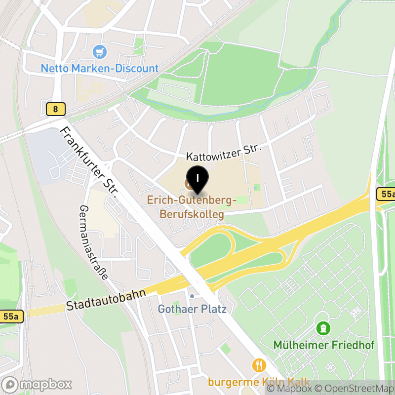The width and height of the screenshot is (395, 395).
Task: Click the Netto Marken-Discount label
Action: pyautogui.click(x=99, y=68)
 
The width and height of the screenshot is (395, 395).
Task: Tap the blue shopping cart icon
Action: pyautogui.click(x=100, y=51)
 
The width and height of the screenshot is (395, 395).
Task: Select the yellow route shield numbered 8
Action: pyautogui.click(x=55, y=109)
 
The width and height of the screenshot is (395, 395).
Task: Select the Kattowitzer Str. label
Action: pyautogui.click(x=223, y=153)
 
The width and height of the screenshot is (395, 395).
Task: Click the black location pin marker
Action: pyautogui.click(x=197, y=180)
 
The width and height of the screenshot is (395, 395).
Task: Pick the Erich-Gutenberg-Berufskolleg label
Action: pyautogui.click(x=192, y=207)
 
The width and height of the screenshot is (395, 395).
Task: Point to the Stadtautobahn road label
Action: pyautogui.click(x=106, y=300)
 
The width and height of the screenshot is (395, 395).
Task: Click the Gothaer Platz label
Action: pyautogui.click(x=192, y=310)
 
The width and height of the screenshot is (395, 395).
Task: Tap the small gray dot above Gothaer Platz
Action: pyautogui.click(x=192, y=296)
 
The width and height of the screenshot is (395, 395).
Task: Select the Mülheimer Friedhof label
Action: pyautogui.click(x=324, y=345)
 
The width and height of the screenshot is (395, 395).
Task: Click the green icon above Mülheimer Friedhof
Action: pyautogui.click(x=323, y=328)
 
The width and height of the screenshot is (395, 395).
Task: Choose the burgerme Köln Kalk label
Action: pyautogui.click(x=259, y=382)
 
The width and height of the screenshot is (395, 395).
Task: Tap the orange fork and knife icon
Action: pyautogui.click(x=259, y=365)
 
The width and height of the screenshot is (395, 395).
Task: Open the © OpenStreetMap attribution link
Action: pyautogui.click(x=355, y=389)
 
